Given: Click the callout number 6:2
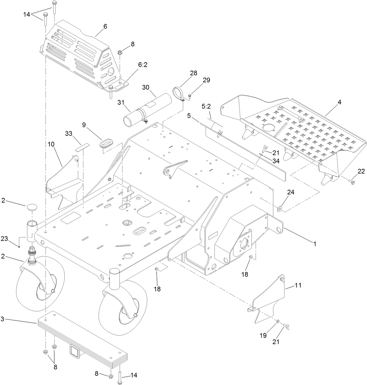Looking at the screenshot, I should pos(143,65).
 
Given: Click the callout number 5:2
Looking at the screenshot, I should pos(206,107).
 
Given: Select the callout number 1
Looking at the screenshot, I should pos(314,243).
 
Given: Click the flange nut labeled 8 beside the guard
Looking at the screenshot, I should pos(120,53).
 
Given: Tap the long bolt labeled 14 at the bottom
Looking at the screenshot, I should pos(120,377).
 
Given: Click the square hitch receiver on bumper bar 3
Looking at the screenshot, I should pos(74,350).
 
